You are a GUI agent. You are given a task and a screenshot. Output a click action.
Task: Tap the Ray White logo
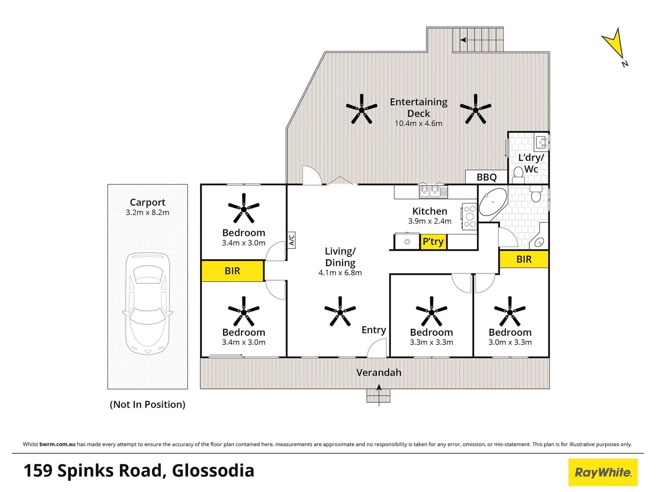(603, 472)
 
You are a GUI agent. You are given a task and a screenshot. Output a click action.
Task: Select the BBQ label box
(486, 177)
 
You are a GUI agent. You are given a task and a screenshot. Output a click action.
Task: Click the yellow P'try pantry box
(433, 241)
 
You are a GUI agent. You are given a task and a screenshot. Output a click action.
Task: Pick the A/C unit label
(292, 240)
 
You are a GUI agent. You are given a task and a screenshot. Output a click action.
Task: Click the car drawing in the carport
(147, 303)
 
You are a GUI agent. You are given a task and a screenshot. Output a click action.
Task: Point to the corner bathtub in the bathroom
(492, 202)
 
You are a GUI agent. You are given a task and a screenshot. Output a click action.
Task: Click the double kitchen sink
(433, 191)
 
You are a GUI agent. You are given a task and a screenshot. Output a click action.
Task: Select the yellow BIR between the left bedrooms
(232, 271)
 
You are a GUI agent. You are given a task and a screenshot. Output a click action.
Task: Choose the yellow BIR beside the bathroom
(524, 260)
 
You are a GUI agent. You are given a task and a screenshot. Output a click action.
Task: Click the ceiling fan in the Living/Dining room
(340, 312)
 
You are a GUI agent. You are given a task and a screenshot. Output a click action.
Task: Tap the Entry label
(374, 330)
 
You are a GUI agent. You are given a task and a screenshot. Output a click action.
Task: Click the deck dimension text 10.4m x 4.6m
(418, 123)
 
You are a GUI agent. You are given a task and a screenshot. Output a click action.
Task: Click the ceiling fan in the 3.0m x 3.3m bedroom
(510, 312)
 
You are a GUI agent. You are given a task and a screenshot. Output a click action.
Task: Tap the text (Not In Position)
(148, 405)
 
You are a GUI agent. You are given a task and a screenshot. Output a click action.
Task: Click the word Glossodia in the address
(213, 471)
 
